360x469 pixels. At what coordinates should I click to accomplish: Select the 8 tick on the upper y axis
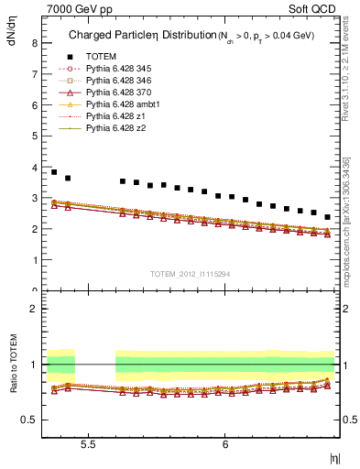tap(33, 42)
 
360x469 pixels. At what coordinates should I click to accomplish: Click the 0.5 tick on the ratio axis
tap(29, 420)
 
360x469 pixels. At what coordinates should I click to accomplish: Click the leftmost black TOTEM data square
tap(54, 172)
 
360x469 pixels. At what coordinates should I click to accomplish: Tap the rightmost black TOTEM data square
tap(328, 217)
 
